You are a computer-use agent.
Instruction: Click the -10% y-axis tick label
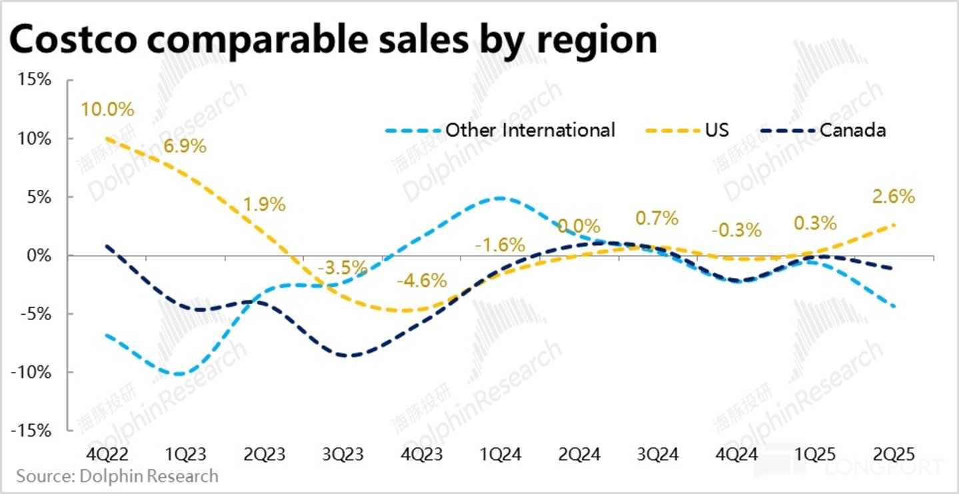coord(33,372)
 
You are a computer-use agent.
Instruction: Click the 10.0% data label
coord(107,108)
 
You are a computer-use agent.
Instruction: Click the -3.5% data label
coord(343,268)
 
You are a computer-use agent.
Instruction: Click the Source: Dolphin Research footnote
coord(117,476)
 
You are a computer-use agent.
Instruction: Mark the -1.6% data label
coord(500,245)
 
